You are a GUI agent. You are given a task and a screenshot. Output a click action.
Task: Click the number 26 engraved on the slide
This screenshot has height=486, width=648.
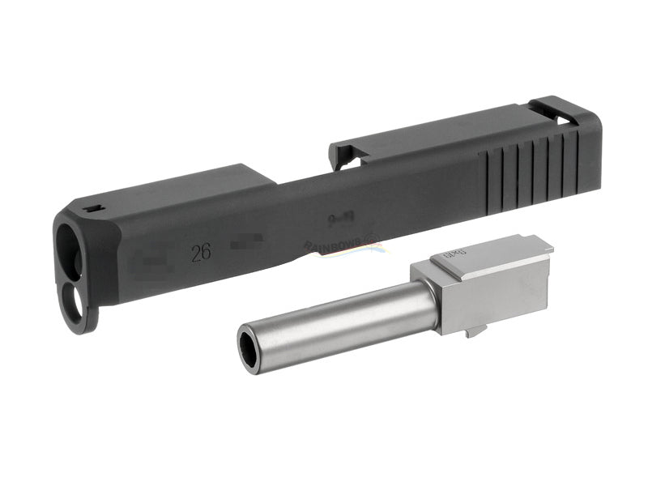pyautogui.click(x=201, y=252)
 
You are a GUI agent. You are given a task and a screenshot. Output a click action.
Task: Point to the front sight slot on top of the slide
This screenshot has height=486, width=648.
pyautogui.click(x=93, y=210)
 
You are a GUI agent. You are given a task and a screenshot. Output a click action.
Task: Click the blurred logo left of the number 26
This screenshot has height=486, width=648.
pyautogui.click(x=149, y=263)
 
